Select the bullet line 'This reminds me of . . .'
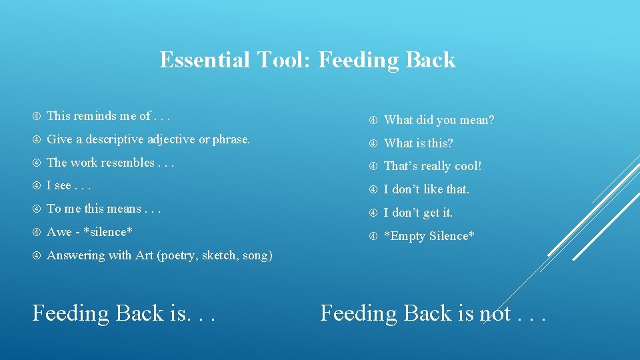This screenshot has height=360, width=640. point(109,116)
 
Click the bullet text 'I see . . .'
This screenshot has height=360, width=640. point(69,186)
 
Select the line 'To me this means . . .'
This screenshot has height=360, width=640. point(104,209)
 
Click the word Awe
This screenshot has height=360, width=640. point(59,232)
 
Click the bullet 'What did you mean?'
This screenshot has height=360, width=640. point(439,120)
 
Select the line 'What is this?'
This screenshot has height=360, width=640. point(419,143)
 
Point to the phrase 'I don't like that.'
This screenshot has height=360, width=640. point(427,189)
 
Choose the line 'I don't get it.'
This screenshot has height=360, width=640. point(419,213)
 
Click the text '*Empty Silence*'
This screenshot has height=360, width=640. point(429,236)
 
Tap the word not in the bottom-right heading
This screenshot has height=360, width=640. point(495,313)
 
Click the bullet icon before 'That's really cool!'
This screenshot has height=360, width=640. point(373,167)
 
